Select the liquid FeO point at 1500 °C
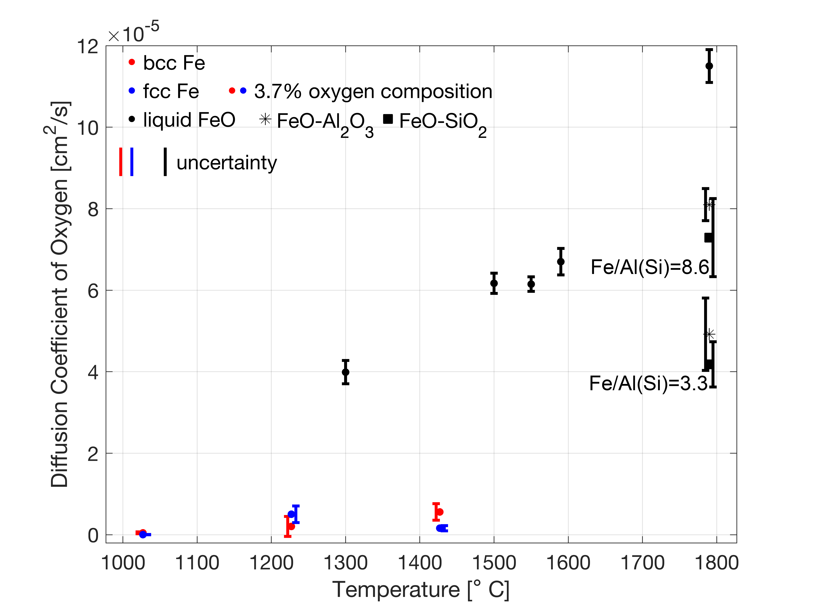494,283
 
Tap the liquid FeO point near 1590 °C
560,261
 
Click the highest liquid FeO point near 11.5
709,66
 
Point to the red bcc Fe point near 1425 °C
439,512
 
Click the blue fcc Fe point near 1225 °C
291,514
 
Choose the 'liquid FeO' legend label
189,120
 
